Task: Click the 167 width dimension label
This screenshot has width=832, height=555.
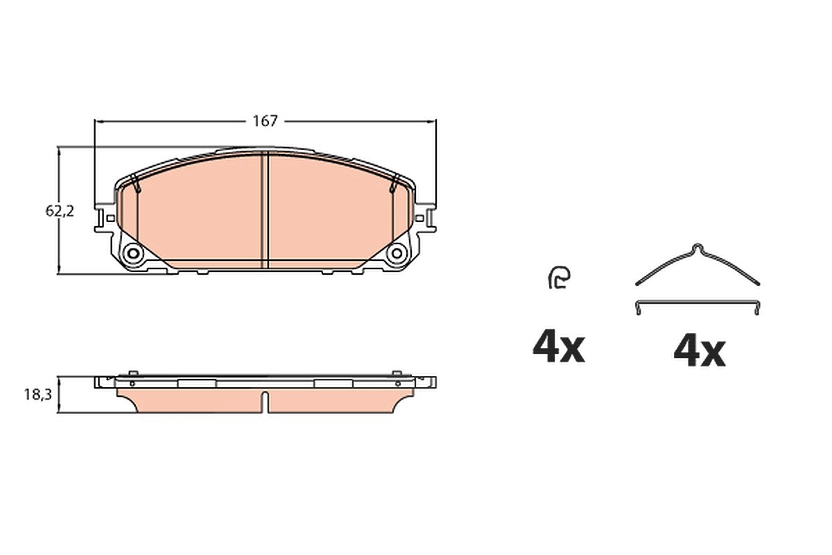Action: point(265,121)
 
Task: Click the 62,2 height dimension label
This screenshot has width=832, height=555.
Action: point(60,211)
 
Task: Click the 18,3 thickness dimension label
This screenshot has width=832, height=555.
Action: point(38,395)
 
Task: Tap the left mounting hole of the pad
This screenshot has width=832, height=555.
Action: point(132,253)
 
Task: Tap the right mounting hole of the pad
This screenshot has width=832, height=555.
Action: point(397,253)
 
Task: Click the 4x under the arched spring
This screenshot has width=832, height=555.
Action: point(700,351)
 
